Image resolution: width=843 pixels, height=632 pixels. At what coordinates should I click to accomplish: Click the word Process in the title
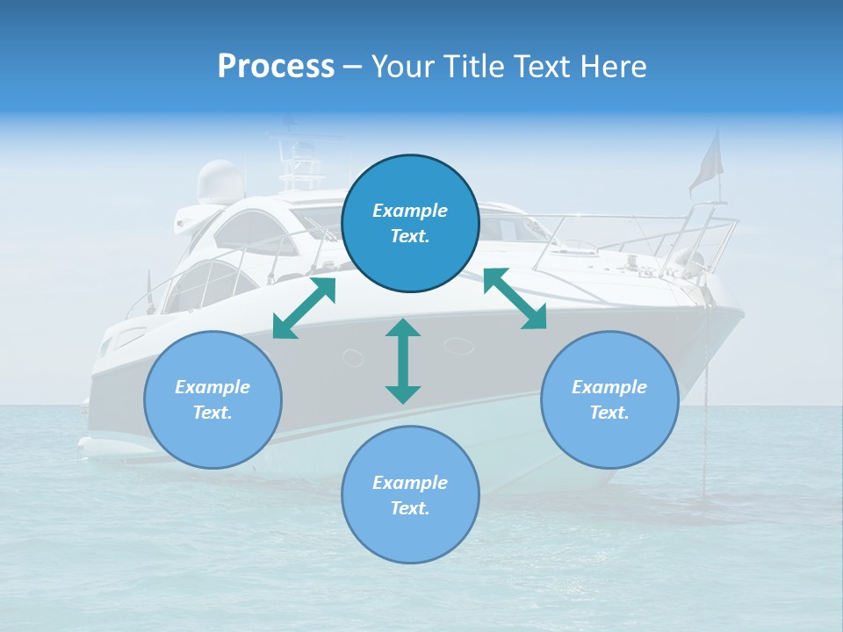276,67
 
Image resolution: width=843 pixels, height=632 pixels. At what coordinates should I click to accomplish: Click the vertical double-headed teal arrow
403,361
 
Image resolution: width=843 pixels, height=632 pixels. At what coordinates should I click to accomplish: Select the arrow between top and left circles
305,308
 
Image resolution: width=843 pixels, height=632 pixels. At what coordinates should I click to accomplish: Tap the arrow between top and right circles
515,298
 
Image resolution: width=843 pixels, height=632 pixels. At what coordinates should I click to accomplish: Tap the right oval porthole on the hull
458,346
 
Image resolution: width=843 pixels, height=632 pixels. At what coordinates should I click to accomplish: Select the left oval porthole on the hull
352,357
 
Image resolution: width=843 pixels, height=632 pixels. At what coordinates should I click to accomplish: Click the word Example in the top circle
410,211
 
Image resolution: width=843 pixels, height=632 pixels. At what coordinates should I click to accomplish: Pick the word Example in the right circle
609,387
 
